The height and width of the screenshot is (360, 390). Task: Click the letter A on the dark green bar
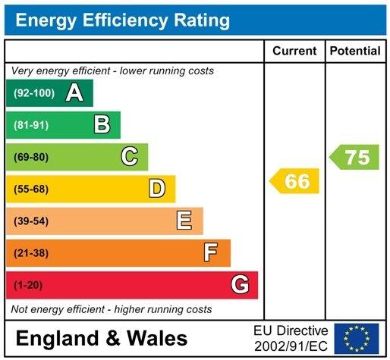[x=74, y=93]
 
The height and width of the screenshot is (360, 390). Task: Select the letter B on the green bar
[x=102, y=125]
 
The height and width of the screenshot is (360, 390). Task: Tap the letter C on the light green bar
[x=130, y=157]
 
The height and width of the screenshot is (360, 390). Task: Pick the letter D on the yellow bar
[x=157, y=189]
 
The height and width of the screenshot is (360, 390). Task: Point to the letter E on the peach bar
[x=184, y=221]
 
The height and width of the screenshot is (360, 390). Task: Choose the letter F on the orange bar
[x=212, y=252]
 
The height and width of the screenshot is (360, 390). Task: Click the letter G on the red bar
[x=240, y=285]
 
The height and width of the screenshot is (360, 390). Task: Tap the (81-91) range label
[x=30, y=125]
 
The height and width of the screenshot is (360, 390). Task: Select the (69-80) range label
[x=30, y=157]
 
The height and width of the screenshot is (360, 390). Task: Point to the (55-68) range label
[x=30, y=189]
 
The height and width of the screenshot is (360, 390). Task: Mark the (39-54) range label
[x=30, y=221]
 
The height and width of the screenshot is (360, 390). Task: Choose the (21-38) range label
[x=30, y=252]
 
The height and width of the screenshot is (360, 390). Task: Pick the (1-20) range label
[x=28, y=285]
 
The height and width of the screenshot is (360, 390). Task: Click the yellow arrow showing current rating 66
[x=295, y=181]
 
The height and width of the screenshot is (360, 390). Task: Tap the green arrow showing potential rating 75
[x=354, y=158]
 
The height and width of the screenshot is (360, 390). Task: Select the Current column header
[x=294, y=51]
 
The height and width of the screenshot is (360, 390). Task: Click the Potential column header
[x=355, y=51]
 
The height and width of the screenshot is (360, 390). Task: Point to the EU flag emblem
[x=356, y=338]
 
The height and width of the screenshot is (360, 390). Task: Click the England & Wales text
[x=101, y=338]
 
